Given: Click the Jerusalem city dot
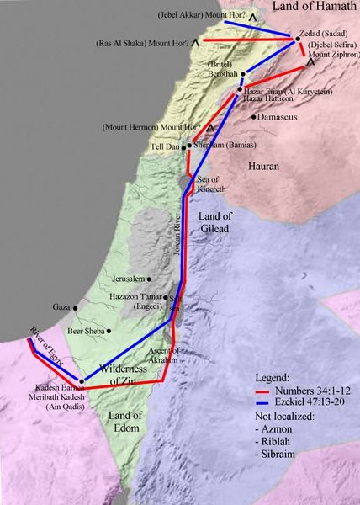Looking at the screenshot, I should point(149,279).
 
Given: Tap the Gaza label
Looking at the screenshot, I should point(61,307).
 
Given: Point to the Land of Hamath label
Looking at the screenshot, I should point(314,8).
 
